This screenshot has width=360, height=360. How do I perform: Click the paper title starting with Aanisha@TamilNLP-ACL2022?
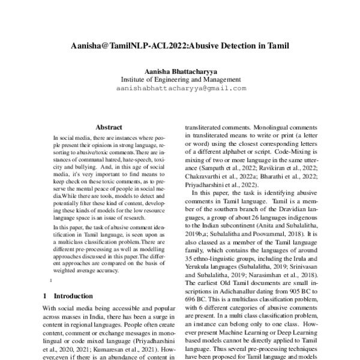(x=179, y=45)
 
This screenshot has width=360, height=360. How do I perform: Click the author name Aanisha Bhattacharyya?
(x=179, y=70)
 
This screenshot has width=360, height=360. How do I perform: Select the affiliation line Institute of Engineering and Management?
(x=179, y=79)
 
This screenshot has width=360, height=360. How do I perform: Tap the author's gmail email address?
(x=179, y=88)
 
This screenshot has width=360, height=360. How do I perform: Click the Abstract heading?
(x=109, y=127)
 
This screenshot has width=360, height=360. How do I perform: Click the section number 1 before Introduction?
(x=46, y=279)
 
